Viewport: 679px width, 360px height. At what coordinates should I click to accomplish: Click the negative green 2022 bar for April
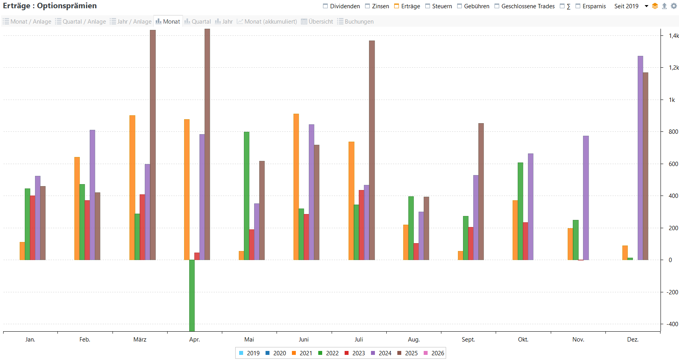(x=192, y=295)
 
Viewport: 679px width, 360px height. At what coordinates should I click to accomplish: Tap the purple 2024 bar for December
(x=640, y=158)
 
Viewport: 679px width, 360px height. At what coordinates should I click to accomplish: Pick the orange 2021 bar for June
(x=296, y=187)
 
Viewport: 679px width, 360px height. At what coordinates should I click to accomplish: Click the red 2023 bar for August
(x=416, y=251)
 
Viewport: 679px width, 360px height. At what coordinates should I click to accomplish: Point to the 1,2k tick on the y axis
(x=673, y=68)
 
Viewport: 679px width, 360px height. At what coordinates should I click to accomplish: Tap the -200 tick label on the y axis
(x=672, y=292)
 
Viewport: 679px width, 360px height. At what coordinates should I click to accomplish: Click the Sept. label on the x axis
(x=468, y=340)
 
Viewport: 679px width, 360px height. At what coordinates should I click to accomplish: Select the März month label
(x=140, y=340)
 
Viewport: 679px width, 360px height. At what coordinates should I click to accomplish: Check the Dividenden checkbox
(x=325, y=6)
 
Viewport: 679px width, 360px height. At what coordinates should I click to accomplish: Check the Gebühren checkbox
(x=459, y=6)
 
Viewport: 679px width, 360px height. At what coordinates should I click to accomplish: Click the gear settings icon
(x=674, y=6)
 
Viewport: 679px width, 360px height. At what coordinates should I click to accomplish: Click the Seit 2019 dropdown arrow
(x=646, y=6)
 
